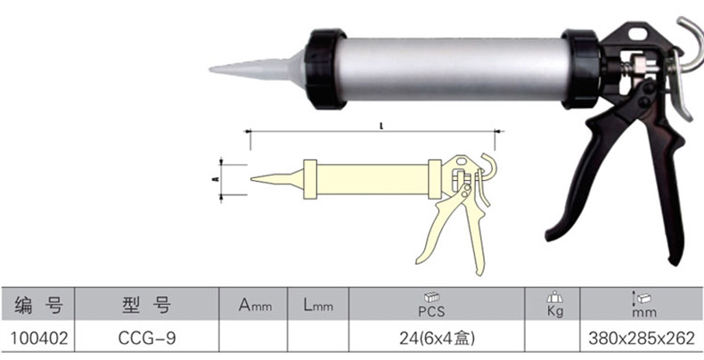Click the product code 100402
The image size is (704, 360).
click(x=39, y=339)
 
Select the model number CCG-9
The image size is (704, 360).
click(x=147, y=339)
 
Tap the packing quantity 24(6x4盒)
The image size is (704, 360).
click(x=437, y=339)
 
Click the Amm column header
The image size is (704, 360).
click(x=255, y=306)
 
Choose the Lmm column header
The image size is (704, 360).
click(x=318, y=306)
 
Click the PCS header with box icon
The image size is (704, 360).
click(x=431, y=305)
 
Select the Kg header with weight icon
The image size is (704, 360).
click(x=555, y=305)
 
